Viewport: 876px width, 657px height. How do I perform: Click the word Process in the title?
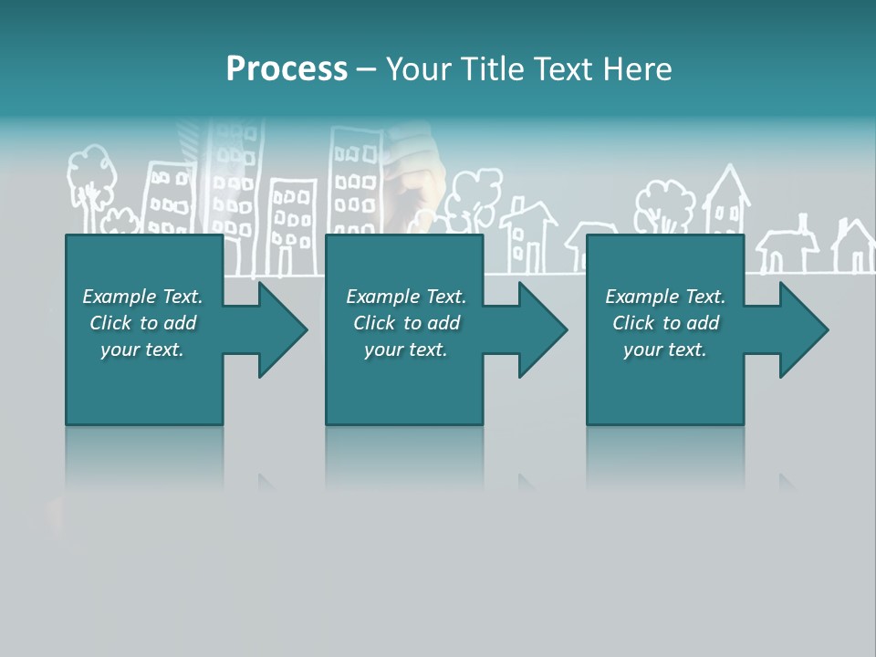(287, 69)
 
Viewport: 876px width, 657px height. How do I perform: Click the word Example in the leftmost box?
(120, 297)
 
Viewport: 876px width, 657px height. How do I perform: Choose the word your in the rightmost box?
(641, 349)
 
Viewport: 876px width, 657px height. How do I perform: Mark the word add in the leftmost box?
(180, 323)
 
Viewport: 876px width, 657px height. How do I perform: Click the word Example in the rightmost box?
(642, 297)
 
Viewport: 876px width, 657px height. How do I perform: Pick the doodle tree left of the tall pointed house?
(665, 206)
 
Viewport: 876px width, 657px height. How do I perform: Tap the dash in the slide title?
(366, 69)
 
